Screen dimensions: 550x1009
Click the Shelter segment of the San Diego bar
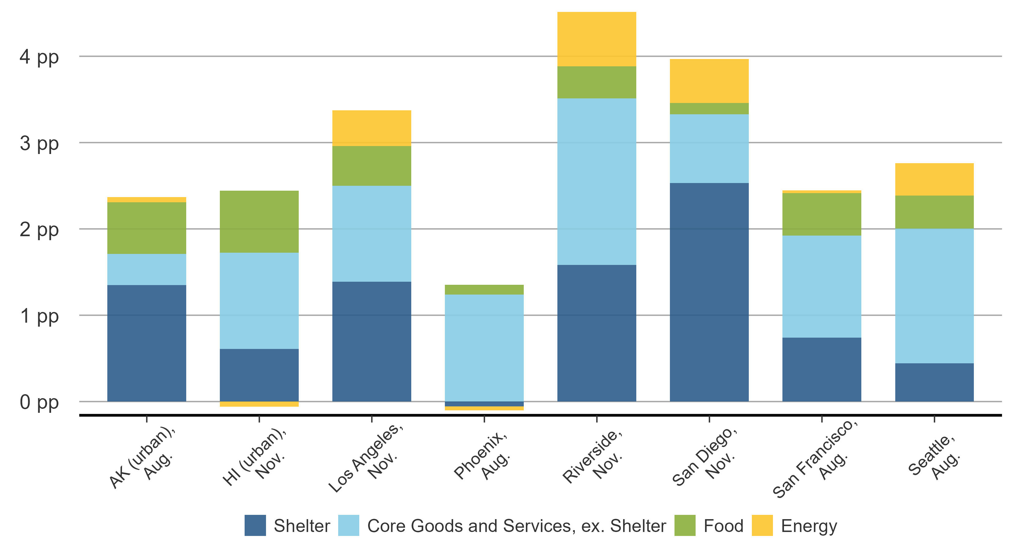pyautogui.click(x=709, y=291)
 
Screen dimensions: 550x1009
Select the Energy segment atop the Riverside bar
pyautogui.click(x=597, y=39)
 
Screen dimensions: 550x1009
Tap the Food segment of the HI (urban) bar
pyautogui.click(x=259, y=222)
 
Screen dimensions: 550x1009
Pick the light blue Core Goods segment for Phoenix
pyautogui.click(x=484, y=348)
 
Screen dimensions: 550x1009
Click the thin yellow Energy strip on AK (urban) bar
pyautogui.click(x=146, y=200)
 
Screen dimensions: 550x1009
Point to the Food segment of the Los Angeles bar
pyautogui.click(x=371, y=166)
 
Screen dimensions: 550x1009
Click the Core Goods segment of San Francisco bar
pyautogui.click(x=821, y=287)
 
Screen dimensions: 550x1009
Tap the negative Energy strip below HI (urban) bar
pyautogui.click(x=259, y=404)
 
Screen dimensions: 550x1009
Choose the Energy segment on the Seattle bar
pyautogui.click(x=934, y=179)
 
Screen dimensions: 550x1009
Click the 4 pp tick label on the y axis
pyautogui.click(x=39, y=57)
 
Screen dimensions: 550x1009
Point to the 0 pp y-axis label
pyautogui.click(x=39, y=402)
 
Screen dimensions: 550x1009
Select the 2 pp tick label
pyautogui.click(x=39, y=230)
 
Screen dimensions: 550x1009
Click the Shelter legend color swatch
pyautogui.click(x=255, y=525)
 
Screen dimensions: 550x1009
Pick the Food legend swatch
pyautogui.click(x=685, y=525)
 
